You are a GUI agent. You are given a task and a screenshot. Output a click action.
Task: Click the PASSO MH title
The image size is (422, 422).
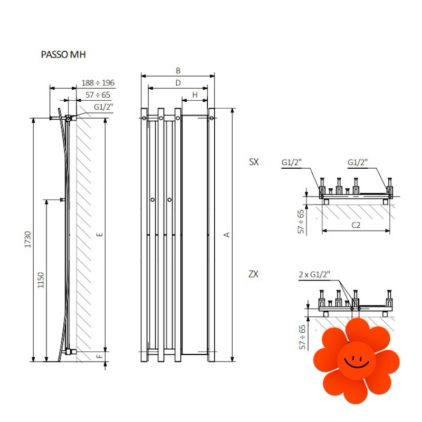click(63, 55)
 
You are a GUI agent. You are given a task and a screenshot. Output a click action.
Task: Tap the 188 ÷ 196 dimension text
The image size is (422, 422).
click(98, 83)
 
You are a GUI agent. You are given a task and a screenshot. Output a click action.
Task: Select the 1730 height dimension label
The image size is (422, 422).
click(28, 239)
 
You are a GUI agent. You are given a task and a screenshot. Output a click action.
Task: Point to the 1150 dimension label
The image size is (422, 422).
click(41, 281)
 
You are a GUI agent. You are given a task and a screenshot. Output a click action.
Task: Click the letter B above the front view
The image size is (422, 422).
click(178, 71)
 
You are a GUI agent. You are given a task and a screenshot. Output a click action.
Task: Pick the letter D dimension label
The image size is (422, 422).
click(178, 83)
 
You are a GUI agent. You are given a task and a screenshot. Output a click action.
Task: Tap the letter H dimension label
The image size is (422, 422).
click(195, 95)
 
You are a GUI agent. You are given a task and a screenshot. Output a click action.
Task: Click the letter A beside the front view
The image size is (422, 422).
click(227, 235)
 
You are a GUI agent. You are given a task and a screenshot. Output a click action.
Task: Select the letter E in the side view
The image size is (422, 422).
click(100, 234)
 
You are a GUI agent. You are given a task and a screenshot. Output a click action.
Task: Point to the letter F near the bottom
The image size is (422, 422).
click(100, 357)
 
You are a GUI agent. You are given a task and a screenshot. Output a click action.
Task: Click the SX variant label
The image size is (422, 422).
click(254, 162)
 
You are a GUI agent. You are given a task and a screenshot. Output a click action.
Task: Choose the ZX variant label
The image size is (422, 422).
click(253, 274)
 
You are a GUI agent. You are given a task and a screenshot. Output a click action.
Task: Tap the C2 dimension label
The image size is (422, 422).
click(356, 225)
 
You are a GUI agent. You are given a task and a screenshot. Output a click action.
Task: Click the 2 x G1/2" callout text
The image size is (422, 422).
click(314, 274)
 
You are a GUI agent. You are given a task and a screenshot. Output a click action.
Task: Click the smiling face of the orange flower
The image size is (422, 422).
click(357, 361)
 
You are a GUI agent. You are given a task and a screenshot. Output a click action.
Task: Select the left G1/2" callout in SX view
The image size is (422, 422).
click(292, 162)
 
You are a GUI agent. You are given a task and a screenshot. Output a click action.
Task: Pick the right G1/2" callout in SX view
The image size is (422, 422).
click(358, 162)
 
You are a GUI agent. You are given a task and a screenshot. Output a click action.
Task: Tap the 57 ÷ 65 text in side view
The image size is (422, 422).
click(98, 95)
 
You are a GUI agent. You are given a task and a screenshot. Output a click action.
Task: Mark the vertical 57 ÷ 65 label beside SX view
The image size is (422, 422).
click(301, 221)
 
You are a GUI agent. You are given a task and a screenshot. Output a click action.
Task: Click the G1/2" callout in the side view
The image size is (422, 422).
click(103, 107)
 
